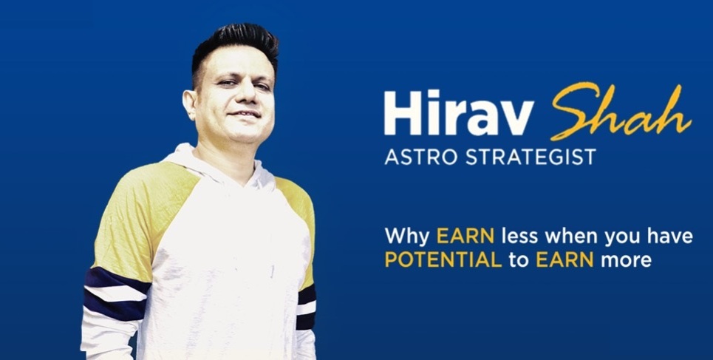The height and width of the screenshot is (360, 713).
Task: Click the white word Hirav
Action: pos(458,114)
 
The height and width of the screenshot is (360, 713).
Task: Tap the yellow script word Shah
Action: pos(621,111)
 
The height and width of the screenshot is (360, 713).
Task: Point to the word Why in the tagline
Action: pos(408,237)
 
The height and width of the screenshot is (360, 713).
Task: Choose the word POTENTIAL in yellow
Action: pos(443,260)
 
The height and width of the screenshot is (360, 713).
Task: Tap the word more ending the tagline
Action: pos(626,260)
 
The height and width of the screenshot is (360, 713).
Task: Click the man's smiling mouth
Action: pos(244,115)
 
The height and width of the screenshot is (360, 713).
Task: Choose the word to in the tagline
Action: pos(519,260)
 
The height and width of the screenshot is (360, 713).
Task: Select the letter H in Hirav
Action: pos(401,114)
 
